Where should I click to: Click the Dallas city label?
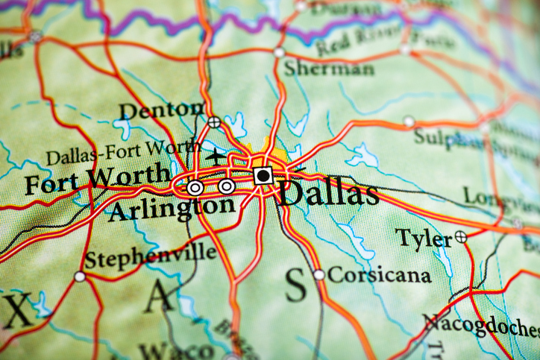[x=328, y=193]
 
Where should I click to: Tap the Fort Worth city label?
[x=97, y=180]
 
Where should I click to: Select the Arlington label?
[x=171, y=208]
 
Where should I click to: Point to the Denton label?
[x=160, y=110]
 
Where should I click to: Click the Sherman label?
[x=328, y=69]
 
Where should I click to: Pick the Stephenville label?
[x=150, y=256]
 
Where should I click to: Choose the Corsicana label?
[x=379, y=275]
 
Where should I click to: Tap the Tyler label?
[x=423, y=239]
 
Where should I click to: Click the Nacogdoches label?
[x=481, y=326]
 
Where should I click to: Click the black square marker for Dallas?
[x=263, y=176]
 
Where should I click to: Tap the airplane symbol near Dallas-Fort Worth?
[x=216, y=157]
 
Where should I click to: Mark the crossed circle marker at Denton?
[x=215, y=121]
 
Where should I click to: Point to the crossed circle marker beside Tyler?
[x=462, y=237]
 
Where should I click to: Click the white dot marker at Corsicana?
[x=319, y=274]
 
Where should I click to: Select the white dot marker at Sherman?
[x=279, y=52]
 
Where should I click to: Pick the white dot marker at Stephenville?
[x=80, y=277]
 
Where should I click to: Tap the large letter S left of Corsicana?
[x=296, y=284]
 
